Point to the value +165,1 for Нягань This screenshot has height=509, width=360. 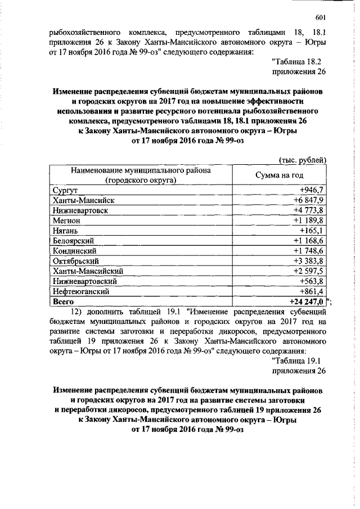(313, 231)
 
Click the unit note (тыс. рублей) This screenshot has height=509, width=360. (302, 160)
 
